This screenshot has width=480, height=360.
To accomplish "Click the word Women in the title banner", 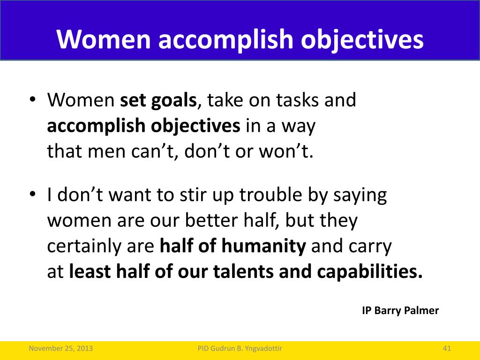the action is (x=104, y=39).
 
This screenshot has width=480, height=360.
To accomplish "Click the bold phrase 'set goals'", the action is (x=158, y=100).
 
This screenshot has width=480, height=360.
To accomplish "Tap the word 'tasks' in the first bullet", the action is (x=297, y=100).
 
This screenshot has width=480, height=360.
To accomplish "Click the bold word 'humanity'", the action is (x=263, y=247).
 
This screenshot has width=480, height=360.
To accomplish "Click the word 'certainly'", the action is (x=84, y=247).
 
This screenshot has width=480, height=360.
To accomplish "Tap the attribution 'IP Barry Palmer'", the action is (x=400, y=310).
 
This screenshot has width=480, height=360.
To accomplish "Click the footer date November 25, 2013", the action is (x=60, y=348).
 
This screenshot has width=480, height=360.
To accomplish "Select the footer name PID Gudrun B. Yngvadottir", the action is (x=240, y=348).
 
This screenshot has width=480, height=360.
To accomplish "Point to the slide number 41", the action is (x=447, y=348).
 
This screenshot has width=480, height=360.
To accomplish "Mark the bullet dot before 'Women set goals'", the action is (x=33, y=100).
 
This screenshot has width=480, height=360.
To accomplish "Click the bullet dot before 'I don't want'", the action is (x=33, y=195).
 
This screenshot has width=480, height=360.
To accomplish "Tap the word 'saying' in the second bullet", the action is (x=360, y=195).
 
